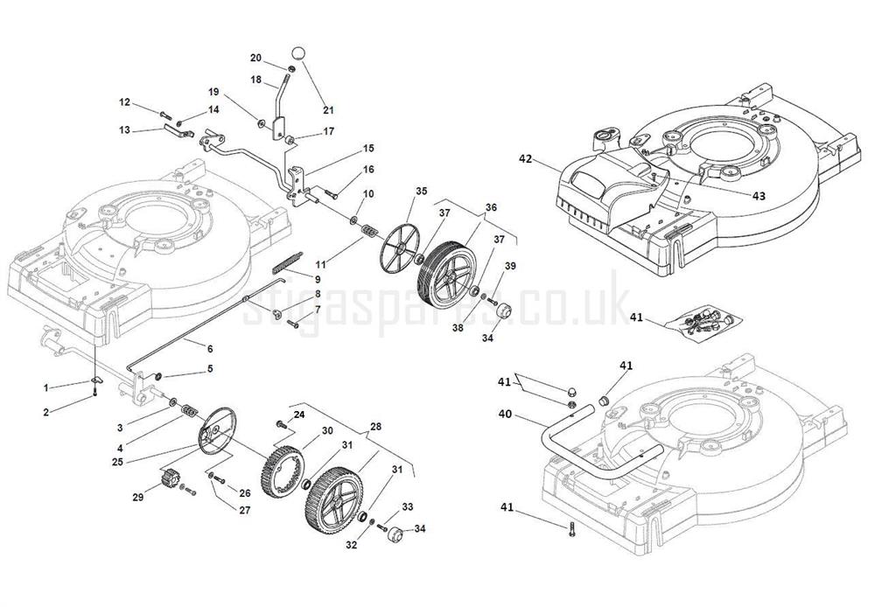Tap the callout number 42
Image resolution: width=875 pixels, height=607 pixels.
tap(525, 159)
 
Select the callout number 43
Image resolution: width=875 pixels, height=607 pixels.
tap(758, 196)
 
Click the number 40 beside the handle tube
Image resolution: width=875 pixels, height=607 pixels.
tap(505, 415)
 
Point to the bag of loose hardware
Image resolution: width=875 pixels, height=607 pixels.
tap(702, 323)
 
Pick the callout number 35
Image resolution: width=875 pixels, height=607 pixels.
tap(421, 192)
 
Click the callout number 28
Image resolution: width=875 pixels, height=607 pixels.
tap(375, 426)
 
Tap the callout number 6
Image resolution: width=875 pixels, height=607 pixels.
tap(210, 348)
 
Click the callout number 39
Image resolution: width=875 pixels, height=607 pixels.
tap(510, 267)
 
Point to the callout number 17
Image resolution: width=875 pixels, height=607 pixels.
tap(328, 131)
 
